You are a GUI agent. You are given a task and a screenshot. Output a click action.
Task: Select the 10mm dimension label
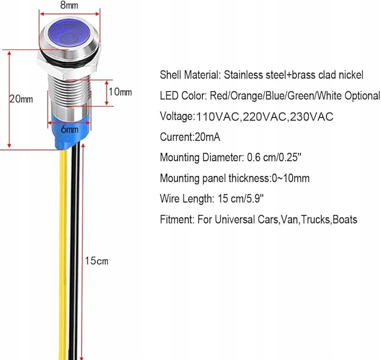120,92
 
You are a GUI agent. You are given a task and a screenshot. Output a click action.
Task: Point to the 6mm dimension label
70,129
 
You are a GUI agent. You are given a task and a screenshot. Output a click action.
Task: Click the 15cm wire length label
97,261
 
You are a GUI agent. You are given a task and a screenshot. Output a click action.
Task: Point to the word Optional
361,95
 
